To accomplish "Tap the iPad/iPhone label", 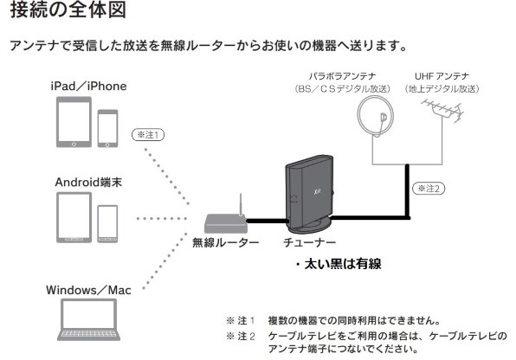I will [x=87, y=87].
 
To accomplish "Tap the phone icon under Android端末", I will [x=108, y=226].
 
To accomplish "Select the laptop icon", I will [x=90, y=321].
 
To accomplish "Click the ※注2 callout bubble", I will [x=429, y=187].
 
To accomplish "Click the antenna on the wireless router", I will [x=241, y=206].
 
